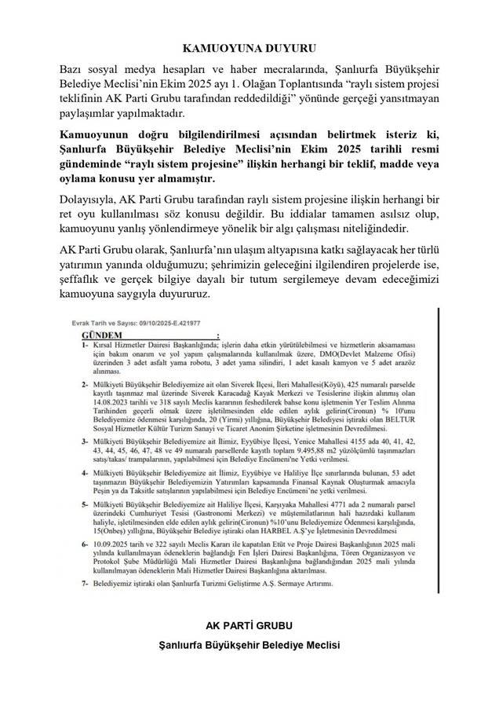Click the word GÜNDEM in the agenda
tap(93, 335)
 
